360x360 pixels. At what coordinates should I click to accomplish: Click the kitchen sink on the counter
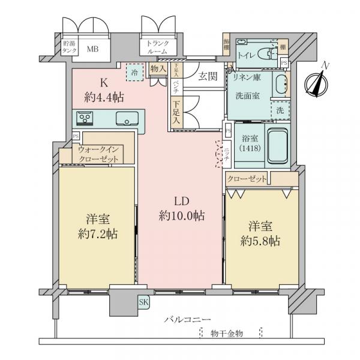[127, 117]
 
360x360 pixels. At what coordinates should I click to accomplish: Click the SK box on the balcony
[144, 302]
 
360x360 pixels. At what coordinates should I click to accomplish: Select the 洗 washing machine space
[280, 110]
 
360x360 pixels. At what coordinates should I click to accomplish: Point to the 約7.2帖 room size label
[97, 233]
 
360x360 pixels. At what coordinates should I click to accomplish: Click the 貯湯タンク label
[70, 47]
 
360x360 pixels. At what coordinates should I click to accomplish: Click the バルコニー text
[187, 320]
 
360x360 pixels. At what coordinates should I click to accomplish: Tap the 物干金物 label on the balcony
[227, 333]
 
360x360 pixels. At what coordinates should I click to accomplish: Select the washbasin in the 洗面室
[281, 84]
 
